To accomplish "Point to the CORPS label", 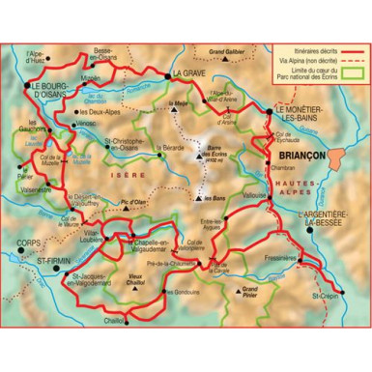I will tap(29, 243).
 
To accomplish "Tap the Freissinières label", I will tap(278, 260).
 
